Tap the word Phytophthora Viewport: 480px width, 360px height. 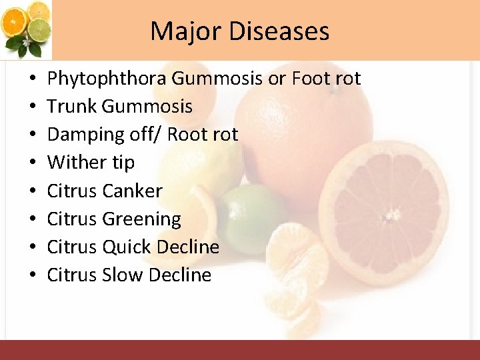(x=107, y=79)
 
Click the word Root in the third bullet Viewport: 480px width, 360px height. (x=187, y=135)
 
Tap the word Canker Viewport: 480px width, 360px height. (x=133, y=191)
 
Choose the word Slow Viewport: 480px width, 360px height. (x=123, y=275)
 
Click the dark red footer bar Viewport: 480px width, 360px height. (x=240, y=350)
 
